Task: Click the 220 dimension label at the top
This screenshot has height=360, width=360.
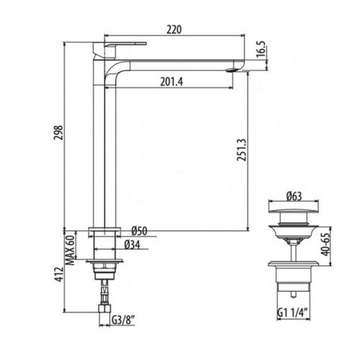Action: (x=174, y=30)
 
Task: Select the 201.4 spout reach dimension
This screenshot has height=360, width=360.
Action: (x=171, y=82)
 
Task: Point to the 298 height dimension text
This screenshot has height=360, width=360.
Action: (x=58, y=132)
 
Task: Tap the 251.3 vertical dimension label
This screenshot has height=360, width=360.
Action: (x=242, y=150)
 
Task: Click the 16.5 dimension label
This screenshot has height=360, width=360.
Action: (x=261, y=49)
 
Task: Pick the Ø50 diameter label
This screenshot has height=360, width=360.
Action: (x=139, y=231)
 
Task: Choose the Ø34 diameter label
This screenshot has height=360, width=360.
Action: (x=132, y=245)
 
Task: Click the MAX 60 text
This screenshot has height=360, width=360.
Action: (x=71, y=250)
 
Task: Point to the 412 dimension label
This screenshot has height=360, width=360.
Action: (x=59, y=274)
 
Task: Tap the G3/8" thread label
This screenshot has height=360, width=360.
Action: (x=122, y=320)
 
